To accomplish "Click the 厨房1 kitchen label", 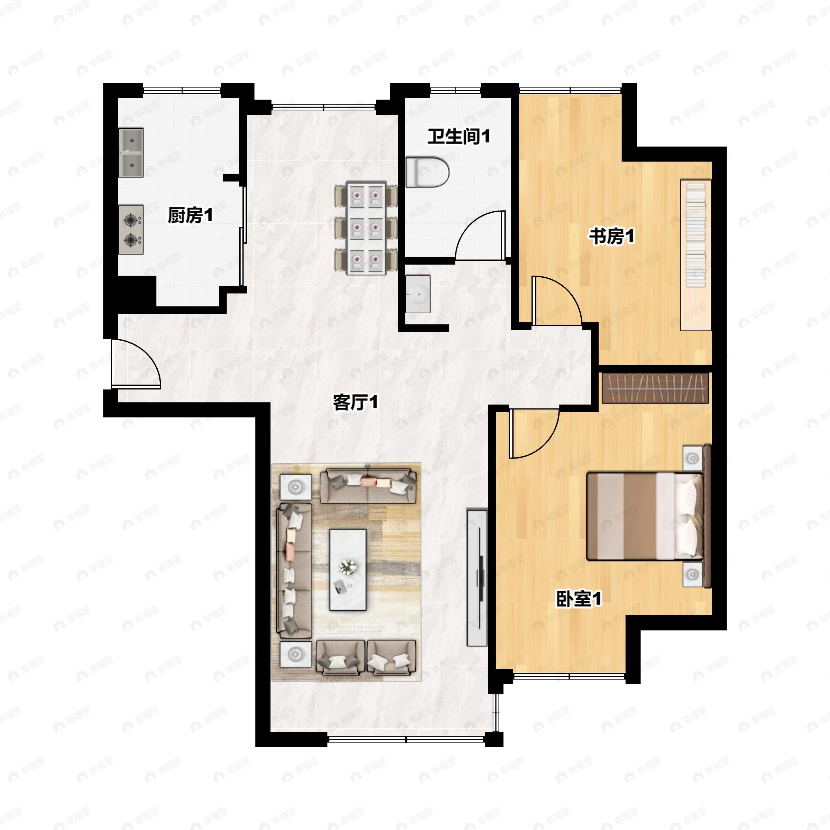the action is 190,215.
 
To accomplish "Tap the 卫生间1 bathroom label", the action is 458,137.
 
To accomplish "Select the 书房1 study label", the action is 611,236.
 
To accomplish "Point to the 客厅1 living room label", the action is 356,403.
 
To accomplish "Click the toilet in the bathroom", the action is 427,172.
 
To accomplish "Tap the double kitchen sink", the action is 131,153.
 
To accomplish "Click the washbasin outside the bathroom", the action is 417,294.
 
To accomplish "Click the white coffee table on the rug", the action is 348,570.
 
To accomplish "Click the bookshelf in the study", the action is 695,255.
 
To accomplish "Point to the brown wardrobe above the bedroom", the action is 655,388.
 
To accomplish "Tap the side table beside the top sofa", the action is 296,487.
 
